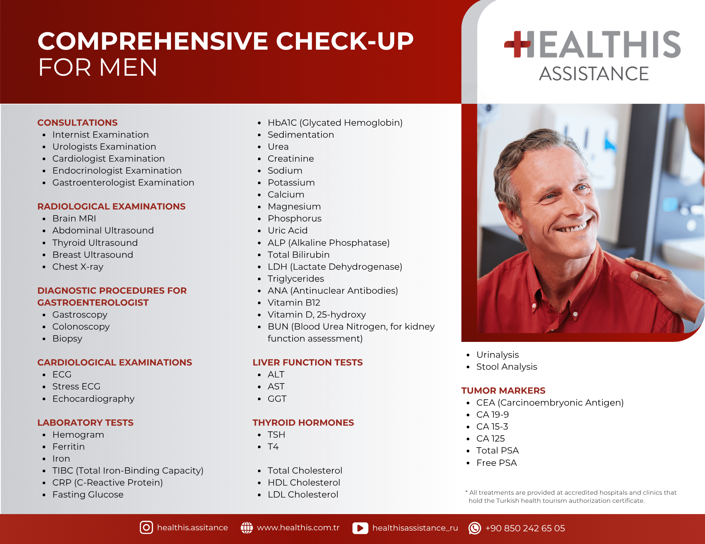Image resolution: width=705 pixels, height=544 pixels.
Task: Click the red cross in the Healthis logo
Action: click(517, 44)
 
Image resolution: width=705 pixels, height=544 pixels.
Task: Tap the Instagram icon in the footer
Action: click(146, 527)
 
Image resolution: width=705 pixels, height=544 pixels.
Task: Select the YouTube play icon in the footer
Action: click(360, 528)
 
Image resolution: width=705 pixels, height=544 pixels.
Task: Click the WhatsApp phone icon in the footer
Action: click(474, 528)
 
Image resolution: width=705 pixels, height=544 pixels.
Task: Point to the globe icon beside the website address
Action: click(247, 527)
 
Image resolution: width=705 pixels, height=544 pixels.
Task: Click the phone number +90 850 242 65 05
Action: click(525, 528)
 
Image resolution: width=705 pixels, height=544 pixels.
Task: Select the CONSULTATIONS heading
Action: click(78, 123)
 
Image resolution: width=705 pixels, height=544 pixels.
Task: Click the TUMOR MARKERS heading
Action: click(503, 390)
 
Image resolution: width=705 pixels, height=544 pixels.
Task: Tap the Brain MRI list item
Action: click(74, 218)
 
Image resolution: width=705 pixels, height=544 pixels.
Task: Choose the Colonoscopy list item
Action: click(81, 327)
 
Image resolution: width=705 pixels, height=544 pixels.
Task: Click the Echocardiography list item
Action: click(93, 399)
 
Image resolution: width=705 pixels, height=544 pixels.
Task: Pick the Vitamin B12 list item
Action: click(294, 302)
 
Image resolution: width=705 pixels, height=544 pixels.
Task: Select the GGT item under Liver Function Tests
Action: click(277, 399)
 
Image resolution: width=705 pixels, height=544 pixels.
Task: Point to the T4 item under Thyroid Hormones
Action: click(273, 446)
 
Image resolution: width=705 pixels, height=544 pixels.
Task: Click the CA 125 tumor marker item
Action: click(491, 438)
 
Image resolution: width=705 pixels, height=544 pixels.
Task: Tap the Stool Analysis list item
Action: click(507, 367)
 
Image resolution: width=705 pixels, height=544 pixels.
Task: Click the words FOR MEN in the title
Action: click(98, 67)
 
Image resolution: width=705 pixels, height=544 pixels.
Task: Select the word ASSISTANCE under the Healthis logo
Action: click(594, 74)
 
